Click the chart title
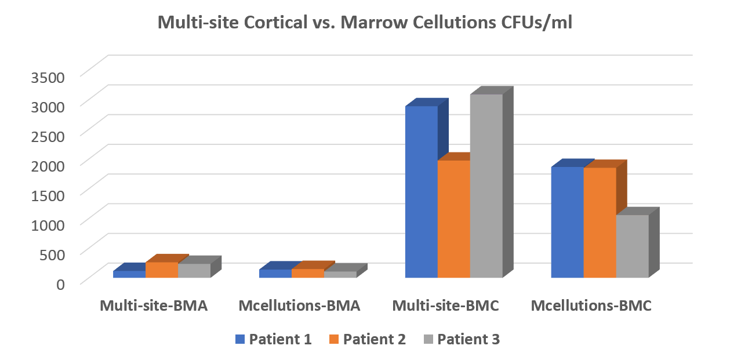[365, 24]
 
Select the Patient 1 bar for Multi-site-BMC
[421, 191]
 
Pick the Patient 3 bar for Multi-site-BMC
[486, 186]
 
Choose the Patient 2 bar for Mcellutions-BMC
[600, 223]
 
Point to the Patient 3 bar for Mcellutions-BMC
[632, 246]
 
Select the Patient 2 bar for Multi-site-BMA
[162, 270]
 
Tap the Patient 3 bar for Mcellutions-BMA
[340, 274]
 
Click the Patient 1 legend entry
[273, 340]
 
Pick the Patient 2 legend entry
[367, 340]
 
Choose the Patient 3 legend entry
[462, 340]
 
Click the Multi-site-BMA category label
[153, 306]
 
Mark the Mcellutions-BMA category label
[300, 306]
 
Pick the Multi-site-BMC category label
[445, 306]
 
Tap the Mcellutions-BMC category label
[591, 306]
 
